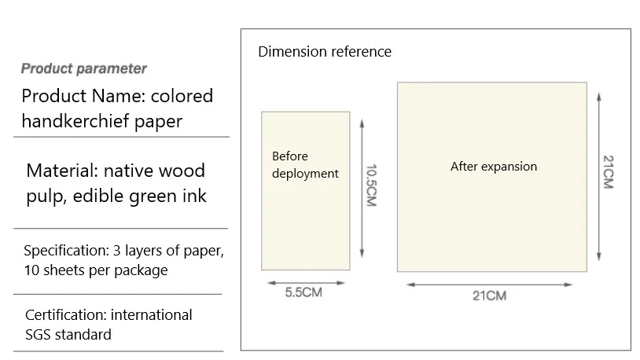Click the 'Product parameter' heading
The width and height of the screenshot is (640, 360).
[x=83, y=68]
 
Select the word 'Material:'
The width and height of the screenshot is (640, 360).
[x=62, y=171]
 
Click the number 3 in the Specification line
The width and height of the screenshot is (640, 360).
[x=116, y=251]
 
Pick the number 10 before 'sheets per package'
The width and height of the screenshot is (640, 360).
[x=31, y=270]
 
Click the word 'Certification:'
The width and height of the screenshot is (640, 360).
[x=66, y=315]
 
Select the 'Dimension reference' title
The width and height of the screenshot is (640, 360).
[x=325, y=52]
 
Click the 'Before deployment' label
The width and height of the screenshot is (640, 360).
[x=305, y=165]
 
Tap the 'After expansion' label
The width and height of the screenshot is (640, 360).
[x=494, y=167]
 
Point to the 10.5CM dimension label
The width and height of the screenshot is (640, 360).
[x=371, y=186]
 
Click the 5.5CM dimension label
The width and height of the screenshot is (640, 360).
[x=303, y=292]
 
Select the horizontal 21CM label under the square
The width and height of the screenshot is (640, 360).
[x=489, y=296]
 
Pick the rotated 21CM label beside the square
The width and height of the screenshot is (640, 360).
[x=609, y=172]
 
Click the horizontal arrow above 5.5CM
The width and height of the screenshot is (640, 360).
[x=306, y=282]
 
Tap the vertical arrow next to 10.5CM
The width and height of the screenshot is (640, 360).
[x=362, y=188]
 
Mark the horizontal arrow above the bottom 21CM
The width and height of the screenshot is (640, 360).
[x=489, y=285]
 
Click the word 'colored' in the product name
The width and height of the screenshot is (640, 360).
[x=182, y=96]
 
